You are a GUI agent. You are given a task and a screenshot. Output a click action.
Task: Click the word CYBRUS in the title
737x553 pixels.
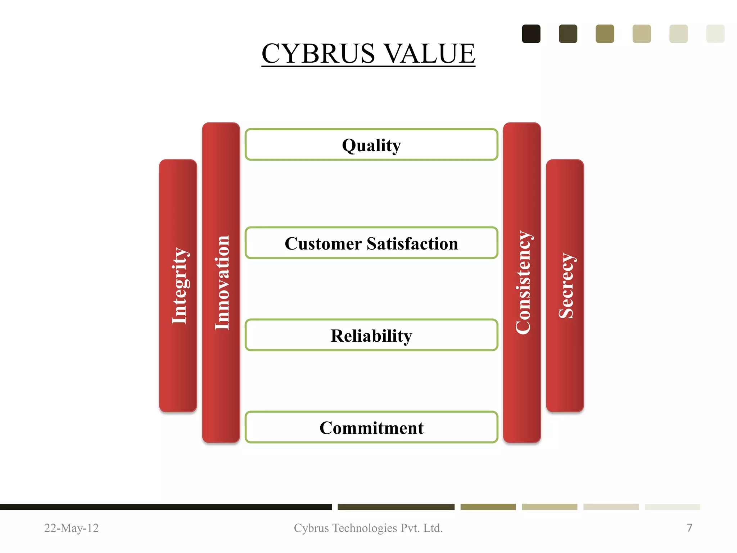click(318, 54)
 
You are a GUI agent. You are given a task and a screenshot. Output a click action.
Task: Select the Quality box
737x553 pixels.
click(371, 145)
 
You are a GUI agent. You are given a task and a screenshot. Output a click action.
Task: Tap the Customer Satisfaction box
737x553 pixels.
click(371, 243)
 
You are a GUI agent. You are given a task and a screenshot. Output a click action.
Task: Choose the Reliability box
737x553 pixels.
click(371, 335)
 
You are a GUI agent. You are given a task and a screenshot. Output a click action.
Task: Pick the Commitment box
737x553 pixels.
click(371, 427)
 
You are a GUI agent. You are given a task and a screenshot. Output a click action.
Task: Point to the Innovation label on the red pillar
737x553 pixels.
click(222, 283)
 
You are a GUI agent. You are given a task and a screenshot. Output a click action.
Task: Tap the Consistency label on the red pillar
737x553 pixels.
click(523, 283)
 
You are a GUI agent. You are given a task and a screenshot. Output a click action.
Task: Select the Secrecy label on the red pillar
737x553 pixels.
click(566, 286)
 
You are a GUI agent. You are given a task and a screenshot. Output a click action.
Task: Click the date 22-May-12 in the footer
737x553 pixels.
click(71, 528)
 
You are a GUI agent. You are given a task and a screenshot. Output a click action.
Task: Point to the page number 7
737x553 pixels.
click(689, 528)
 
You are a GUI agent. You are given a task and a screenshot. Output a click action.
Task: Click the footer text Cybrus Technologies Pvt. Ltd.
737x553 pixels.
click(368, 528)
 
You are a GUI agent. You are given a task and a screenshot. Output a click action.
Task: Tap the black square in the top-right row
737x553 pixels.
click(531, 34)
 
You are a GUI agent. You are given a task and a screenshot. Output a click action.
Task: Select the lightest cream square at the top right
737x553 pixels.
click(715, 34)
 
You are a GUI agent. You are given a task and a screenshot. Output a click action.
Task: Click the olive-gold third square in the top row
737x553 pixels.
click(605, 34)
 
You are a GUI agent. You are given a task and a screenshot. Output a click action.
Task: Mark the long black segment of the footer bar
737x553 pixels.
click(166, 507)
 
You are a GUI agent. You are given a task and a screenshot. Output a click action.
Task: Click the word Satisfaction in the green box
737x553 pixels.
click(412, 244)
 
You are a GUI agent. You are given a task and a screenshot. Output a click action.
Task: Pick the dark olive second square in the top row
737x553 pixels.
click(568, 34)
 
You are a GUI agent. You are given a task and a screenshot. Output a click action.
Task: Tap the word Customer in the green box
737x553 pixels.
click(323, 244)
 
